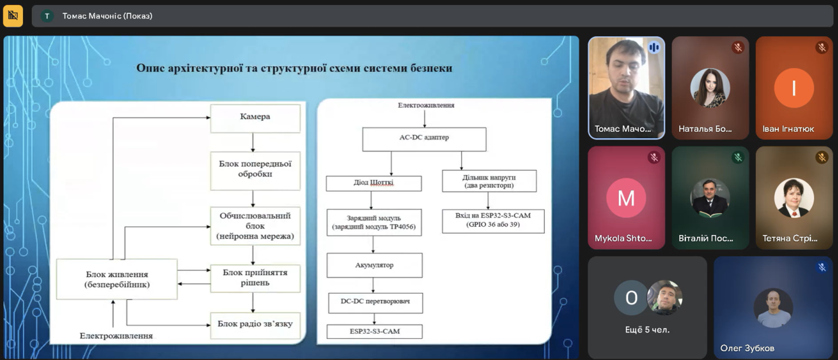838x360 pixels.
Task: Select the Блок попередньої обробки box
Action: click(x=255, y=169)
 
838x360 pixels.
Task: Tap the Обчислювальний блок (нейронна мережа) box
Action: click(x=255, y=226)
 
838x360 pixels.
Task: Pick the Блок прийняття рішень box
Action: click(x=255, y=278)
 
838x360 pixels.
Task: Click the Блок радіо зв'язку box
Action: click(x=255, y=324)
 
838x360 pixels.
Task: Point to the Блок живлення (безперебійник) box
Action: click(x=117, y=279)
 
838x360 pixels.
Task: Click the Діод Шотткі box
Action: click(x=374, y=183)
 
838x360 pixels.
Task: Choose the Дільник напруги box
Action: click(x=489, y=181)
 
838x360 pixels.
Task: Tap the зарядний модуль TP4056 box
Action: click(x=374, y=222)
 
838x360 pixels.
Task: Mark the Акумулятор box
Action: click(x=374, y=265)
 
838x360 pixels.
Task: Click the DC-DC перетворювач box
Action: click(x=375, y=302)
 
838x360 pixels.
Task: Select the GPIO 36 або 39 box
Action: click(x=493, y=221)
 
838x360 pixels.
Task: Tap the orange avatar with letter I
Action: click(x=794, y=88)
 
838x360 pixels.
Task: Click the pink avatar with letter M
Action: click(x=626, y=198)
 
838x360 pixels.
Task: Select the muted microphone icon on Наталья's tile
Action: click(x=738, y=47)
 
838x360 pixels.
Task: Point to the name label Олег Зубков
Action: click(x=747, y=348)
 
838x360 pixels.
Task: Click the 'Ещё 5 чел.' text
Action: click(x=647, y=330)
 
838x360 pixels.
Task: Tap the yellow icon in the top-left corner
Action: click(x=13, y=16)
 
